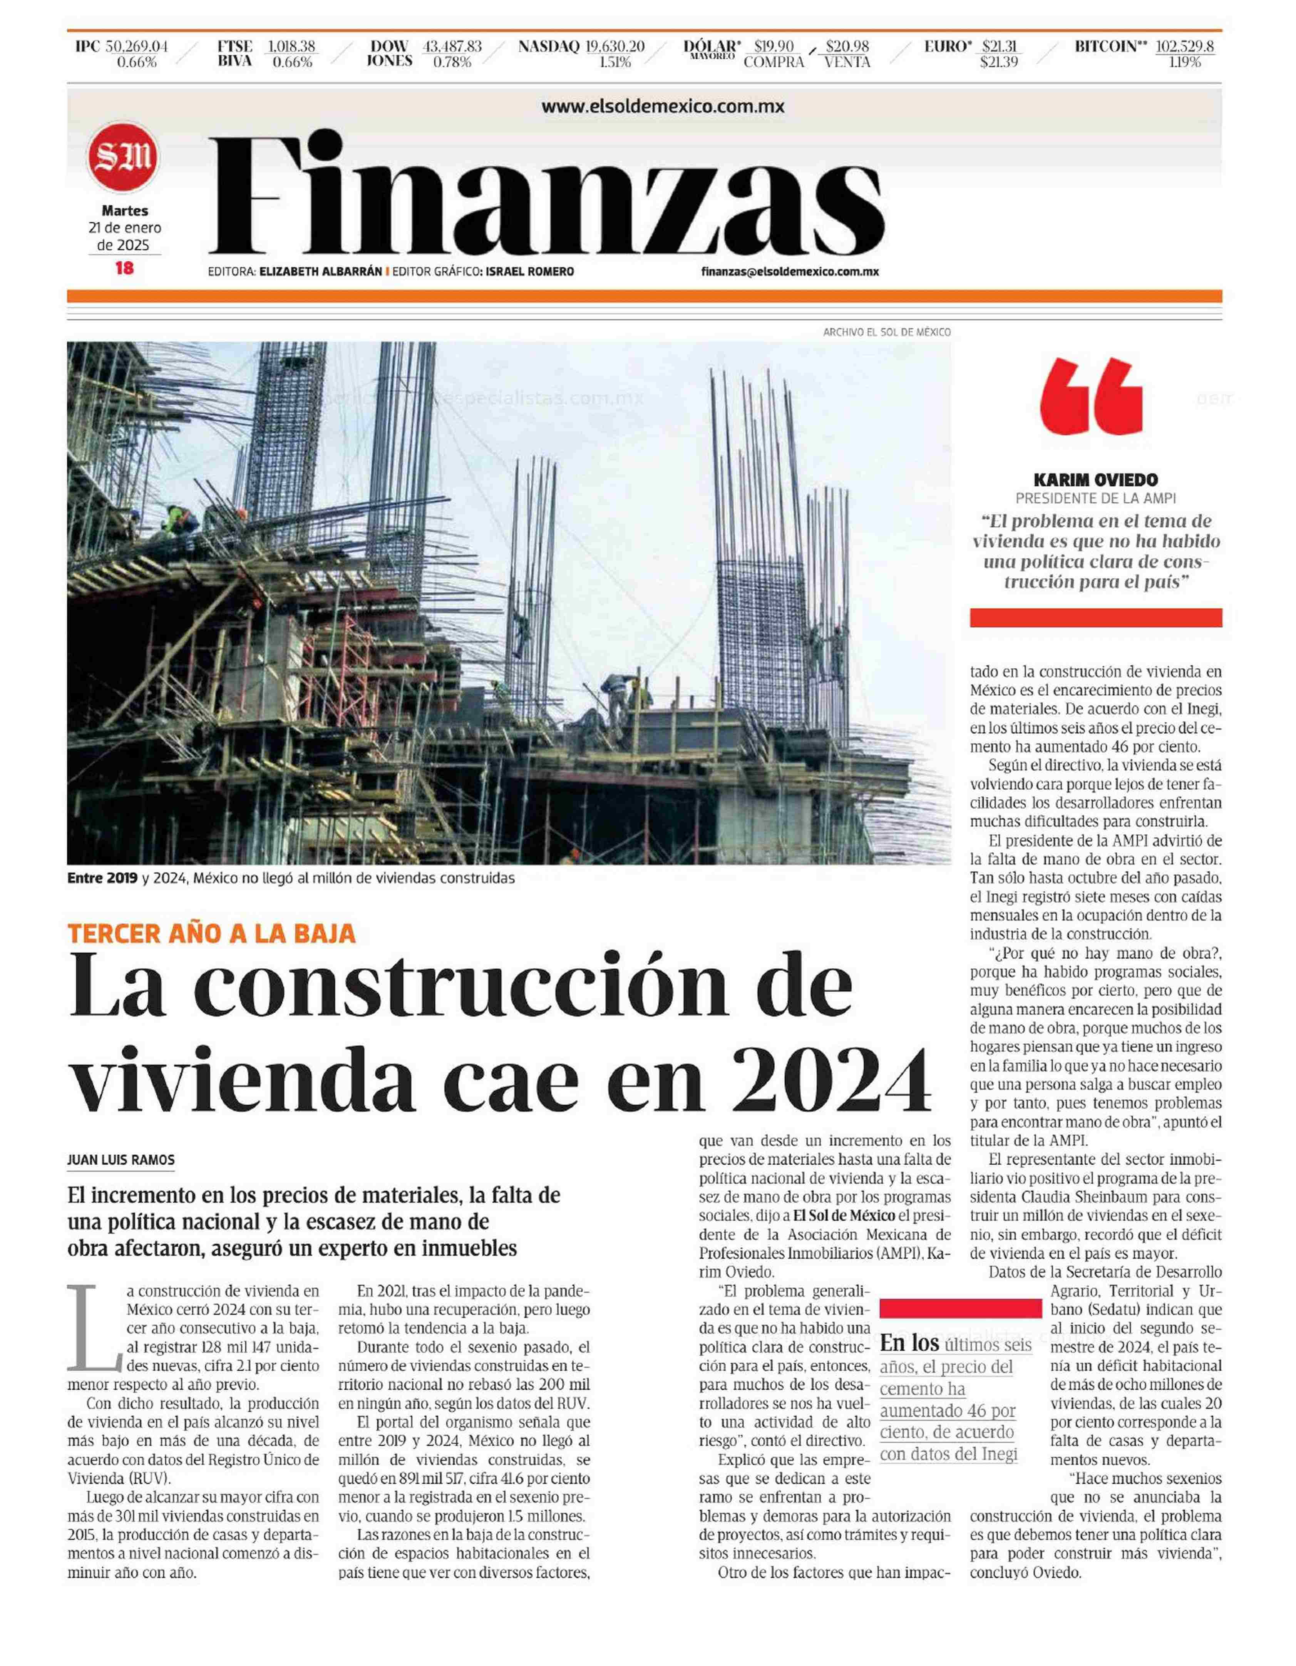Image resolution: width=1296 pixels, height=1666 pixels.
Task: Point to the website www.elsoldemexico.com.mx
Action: [x=663, y=107]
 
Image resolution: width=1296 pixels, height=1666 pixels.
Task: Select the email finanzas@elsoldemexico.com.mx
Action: [x=790, y=271]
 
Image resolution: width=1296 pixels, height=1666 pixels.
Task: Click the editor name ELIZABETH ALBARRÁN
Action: [x=320, y=271]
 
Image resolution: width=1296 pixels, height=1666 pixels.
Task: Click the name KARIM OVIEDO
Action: [x=1095, y=480]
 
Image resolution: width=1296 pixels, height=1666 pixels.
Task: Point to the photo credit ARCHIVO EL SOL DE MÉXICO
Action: [x=886, y=332]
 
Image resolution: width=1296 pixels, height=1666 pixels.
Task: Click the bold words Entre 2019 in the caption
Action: [x=102, y=878]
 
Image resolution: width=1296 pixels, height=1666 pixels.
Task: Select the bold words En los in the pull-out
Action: [x=909, y=1343]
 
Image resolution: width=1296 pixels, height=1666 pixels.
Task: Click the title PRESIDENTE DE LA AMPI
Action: [x=1095, y=498]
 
